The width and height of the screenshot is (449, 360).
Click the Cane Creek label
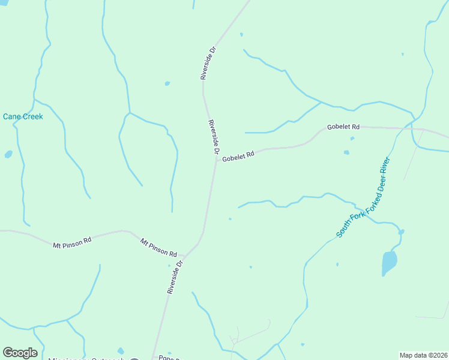coord(23,116)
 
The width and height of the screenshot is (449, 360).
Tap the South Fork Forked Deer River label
coord(364,197)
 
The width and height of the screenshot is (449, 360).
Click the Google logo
coord(20,353)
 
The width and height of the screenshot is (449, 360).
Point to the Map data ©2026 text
coord(424,355)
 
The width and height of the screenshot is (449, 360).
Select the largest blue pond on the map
coord(389,262)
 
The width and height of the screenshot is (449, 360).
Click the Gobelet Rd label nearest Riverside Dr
coord(238,157)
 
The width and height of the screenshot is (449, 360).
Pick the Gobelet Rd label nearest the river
coord(343,127)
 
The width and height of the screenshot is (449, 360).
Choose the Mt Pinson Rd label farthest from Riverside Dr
coord(72,242)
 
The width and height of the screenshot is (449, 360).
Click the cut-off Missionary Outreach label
coord(86,358)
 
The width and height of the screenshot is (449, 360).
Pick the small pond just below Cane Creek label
coord(8,154)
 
